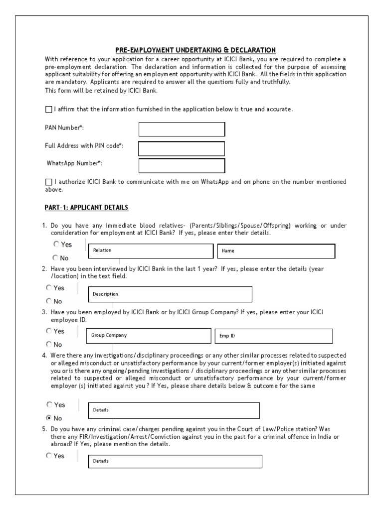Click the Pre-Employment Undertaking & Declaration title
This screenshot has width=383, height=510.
[x=195, y=50]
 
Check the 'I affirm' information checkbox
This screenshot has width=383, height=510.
[x=48, y=109]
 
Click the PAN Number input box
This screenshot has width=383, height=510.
[x=182, y=129]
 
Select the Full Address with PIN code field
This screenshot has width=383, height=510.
[x=182, y=148]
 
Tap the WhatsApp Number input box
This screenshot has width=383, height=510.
[x=182, y=166]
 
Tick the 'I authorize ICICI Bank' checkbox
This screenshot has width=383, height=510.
[x=48, y=182]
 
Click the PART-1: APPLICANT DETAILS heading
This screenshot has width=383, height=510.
[x=87, y=207]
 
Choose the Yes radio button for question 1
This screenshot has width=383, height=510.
[x=56, y=244]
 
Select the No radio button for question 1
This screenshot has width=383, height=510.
[x=56, y=257]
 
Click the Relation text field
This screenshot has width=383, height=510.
[x=150, y=251]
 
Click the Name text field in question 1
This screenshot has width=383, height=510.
[x=276, y=251]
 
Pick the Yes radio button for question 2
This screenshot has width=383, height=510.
[x=49, y=287]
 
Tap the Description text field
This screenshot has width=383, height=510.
[x=170, y=294]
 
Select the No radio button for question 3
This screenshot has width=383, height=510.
[x=49, y=344]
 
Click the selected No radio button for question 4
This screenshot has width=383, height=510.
[x=49, y=418]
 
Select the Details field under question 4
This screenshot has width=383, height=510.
[x=174, y=410]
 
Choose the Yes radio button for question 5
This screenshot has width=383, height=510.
[x=49, y=455]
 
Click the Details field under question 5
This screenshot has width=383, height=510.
[x=175, y=461]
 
